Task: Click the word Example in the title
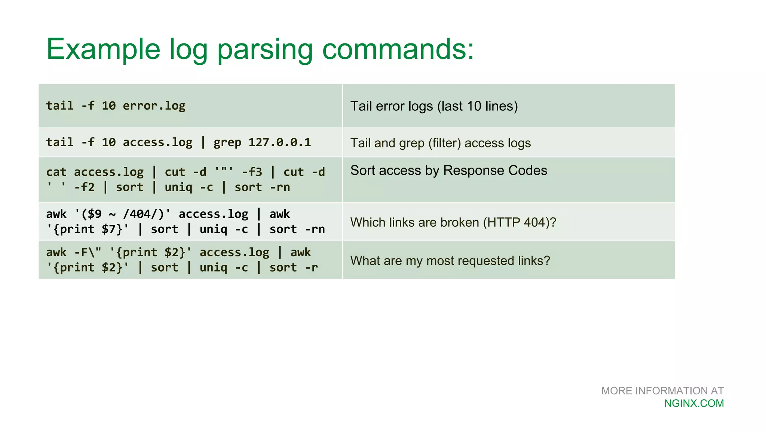tap(103, 49)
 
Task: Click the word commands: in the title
tap(398, 49)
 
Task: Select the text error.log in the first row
tap(154, 106)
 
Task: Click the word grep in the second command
tap(227, 143)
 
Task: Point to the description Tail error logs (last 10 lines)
tap(434, 106)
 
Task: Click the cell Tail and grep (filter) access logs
tap(440, 143)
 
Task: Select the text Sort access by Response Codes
tap(448, 171)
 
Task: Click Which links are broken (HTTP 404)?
tap(453, 223)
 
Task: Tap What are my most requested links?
tap(450, 261)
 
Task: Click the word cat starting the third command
tap(56, 172)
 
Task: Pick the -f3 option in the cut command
tap(252, 172)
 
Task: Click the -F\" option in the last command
tap(88, 253)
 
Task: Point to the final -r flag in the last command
tap(311, 268)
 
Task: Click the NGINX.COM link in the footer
tap(694, 403)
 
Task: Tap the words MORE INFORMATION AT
tap(662, 391)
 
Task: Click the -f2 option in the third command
tap(84, 187)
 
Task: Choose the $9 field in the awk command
tap(94, 214)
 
